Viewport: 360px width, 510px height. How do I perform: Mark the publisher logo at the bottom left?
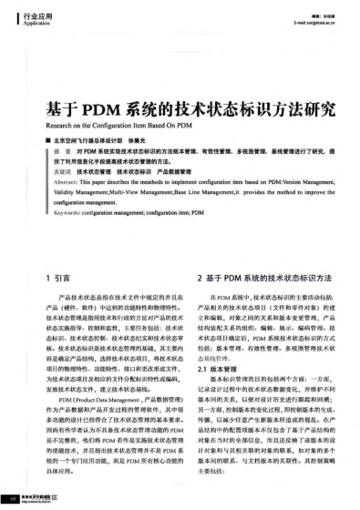tap(27, 498)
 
